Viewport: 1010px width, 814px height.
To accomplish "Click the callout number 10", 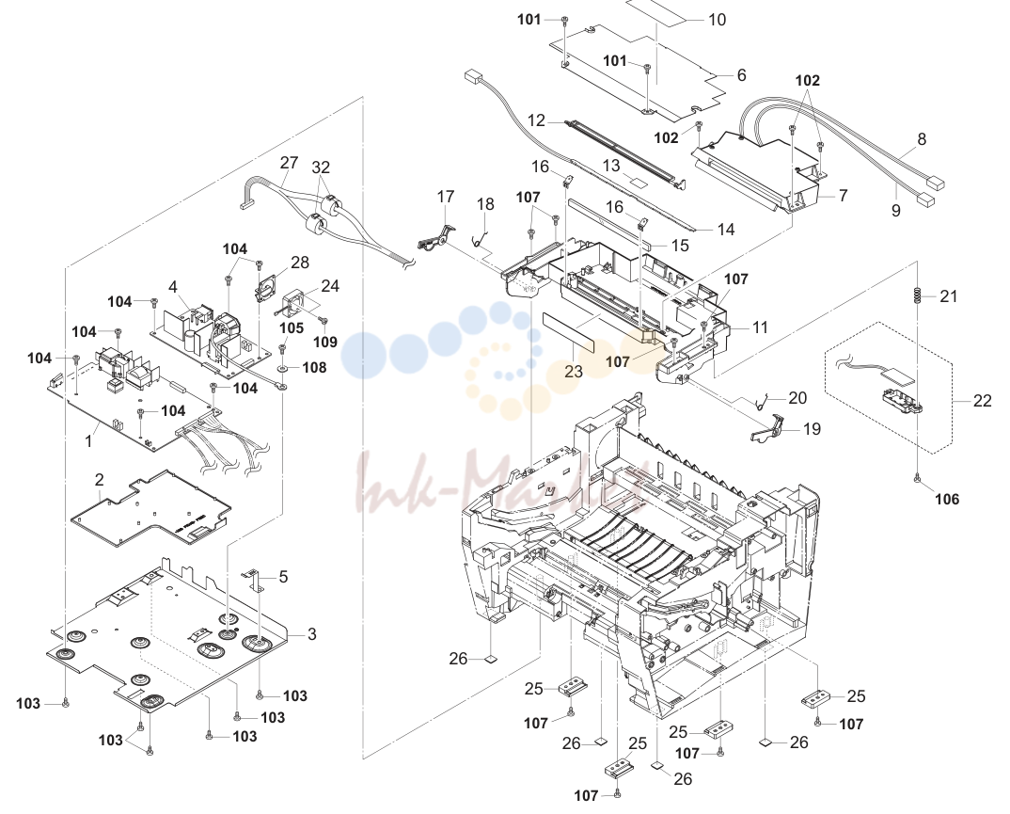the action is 717,20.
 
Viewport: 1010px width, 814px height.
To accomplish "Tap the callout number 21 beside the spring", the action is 948,296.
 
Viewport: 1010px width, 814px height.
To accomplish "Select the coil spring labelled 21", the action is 917,295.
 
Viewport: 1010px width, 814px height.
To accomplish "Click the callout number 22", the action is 983,401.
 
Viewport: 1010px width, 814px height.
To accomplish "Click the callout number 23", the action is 573,372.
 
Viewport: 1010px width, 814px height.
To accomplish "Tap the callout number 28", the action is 300,263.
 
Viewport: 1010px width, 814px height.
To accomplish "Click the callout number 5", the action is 283,577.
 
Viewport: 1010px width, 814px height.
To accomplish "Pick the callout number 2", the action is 99,480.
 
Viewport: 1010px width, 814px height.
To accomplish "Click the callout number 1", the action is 88,442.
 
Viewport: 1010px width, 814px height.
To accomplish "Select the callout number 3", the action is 312,634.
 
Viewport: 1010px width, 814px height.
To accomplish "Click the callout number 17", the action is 446,197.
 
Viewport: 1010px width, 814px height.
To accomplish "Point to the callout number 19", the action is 812,429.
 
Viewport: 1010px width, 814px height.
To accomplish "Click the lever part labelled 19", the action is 767,429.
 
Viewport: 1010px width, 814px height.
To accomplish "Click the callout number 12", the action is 537,120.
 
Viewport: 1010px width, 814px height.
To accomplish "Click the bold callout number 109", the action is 325,342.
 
